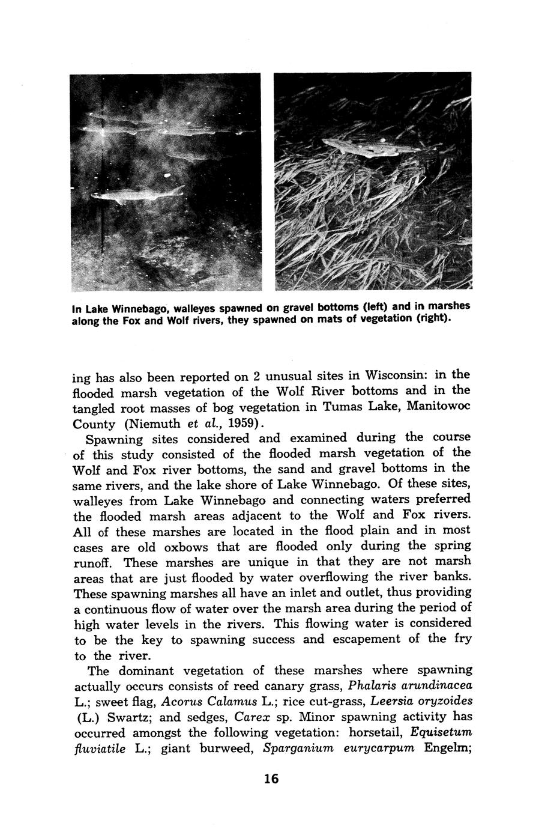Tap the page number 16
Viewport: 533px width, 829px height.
click(x=271, y=779)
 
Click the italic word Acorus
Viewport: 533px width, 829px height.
click(x=182, y=702)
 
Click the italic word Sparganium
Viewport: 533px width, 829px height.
click(x=298, y=749)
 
